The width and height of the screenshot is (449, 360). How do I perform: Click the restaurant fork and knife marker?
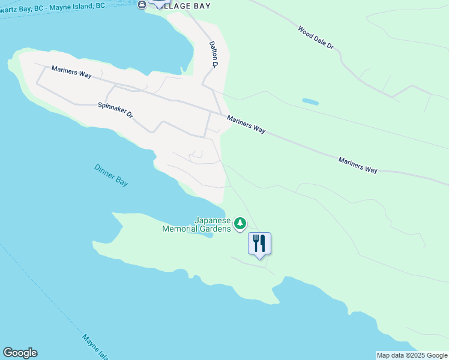[x=259, y=243]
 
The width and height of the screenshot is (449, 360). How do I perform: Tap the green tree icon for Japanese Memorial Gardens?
[x=240, y=224]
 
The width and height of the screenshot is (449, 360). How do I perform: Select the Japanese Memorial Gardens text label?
[x=196, y=224]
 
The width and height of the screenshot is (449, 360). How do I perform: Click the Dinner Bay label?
[x=111, y=175]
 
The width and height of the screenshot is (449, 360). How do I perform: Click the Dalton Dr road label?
[x=213, y=53]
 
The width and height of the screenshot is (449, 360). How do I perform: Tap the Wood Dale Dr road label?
[x=315, y=37]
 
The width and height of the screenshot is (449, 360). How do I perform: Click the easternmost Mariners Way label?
[x=358, y=165]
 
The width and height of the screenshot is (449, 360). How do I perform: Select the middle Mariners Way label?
[x=246, y=124]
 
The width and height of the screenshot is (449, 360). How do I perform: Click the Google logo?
[x=20, y=353]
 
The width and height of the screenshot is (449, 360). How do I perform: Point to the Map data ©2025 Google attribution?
[x=412, y=355]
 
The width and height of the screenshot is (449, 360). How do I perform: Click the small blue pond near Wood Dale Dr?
[x=310, y=101]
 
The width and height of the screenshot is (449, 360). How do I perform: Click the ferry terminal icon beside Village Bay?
[x=142, y=5]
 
